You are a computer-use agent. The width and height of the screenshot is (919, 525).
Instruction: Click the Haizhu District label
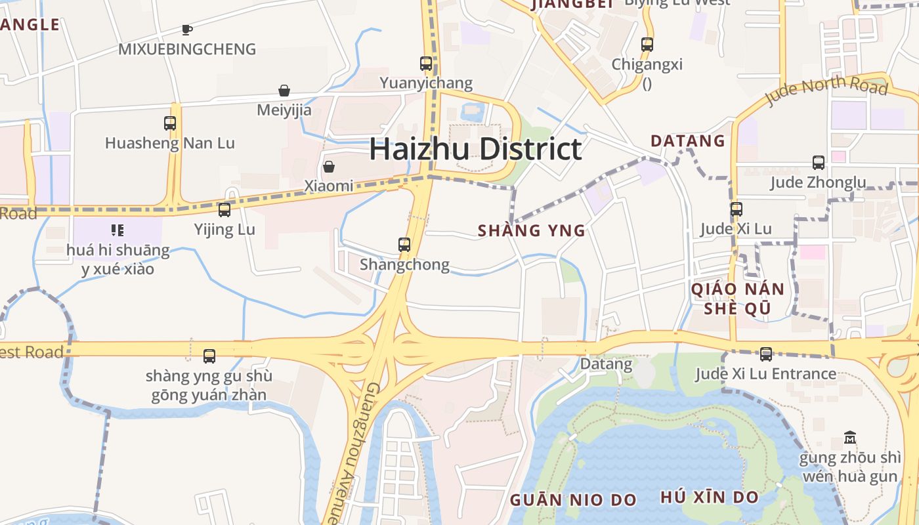point(475,149)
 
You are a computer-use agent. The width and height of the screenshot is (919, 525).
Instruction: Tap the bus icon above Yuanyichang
point(426,64)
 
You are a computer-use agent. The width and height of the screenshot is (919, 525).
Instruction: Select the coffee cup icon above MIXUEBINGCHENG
point(187,30)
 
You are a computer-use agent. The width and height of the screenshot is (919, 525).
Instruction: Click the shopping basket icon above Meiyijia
point(284,91)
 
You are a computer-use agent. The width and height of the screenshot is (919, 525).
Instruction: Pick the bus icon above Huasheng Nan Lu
point(170,123)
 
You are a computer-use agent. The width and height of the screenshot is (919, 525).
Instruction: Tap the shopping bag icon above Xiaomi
point(329,167)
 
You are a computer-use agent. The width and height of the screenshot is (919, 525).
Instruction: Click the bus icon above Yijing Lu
point(224,210)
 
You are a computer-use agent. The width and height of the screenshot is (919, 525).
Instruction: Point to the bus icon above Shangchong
point(404,245)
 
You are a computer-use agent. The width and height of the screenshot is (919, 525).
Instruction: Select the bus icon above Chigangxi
point(647,45)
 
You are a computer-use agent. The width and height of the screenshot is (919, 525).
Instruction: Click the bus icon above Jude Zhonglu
point(819,163)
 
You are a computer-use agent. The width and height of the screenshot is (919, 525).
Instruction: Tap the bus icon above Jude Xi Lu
point(737,209)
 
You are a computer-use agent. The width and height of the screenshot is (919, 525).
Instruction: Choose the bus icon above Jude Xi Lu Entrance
point(766,354)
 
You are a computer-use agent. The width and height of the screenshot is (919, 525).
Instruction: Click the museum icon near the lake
point(850,438)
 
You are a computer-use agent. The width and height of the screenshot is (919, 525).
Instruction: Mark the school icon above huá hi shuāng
point(118,230)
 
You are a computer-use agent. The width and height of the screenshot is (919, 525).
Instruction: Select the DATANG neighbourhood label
point(688,141)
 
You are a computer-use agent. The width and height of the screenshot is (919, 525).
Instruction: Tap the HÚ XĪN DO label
point(710,497)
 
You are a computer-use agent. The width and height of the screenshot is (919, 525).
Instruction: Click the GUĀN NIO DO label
point(573,500)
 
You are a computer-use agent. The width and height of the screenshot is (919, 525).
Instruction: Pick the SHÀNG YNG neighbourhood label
point(532,231)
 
